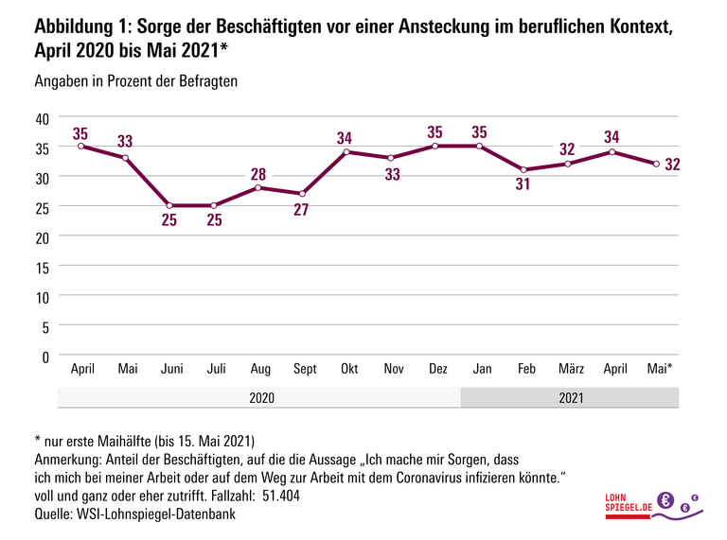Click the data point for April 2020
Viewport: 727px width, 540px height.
[80, 147]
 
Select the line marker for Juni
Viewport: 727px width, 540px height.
[169, 205]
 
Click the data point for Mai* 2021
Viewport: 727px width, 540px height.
[656, 164]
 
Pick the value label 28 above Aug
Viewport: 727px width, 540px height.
[259, 173]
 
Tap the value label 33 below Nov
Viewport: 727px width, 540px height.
[393, 173]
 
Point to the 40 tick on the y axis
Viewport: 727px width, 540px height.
[41, 118]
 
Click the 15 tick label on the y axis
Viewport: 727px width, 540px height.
[41, 267]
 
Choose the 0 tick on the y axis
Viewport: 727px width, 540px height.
[44, 356]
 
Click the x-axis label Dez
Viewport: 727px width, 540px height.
[437, 368]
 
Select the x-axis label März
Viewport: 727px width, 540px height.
[571, 368]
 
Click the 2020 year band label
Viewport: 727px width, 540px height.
[261, 397]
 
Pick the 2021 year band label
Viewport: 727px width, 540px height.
[571, 397]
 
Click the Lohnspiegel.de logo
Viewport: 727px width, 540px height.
[652, 507]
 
